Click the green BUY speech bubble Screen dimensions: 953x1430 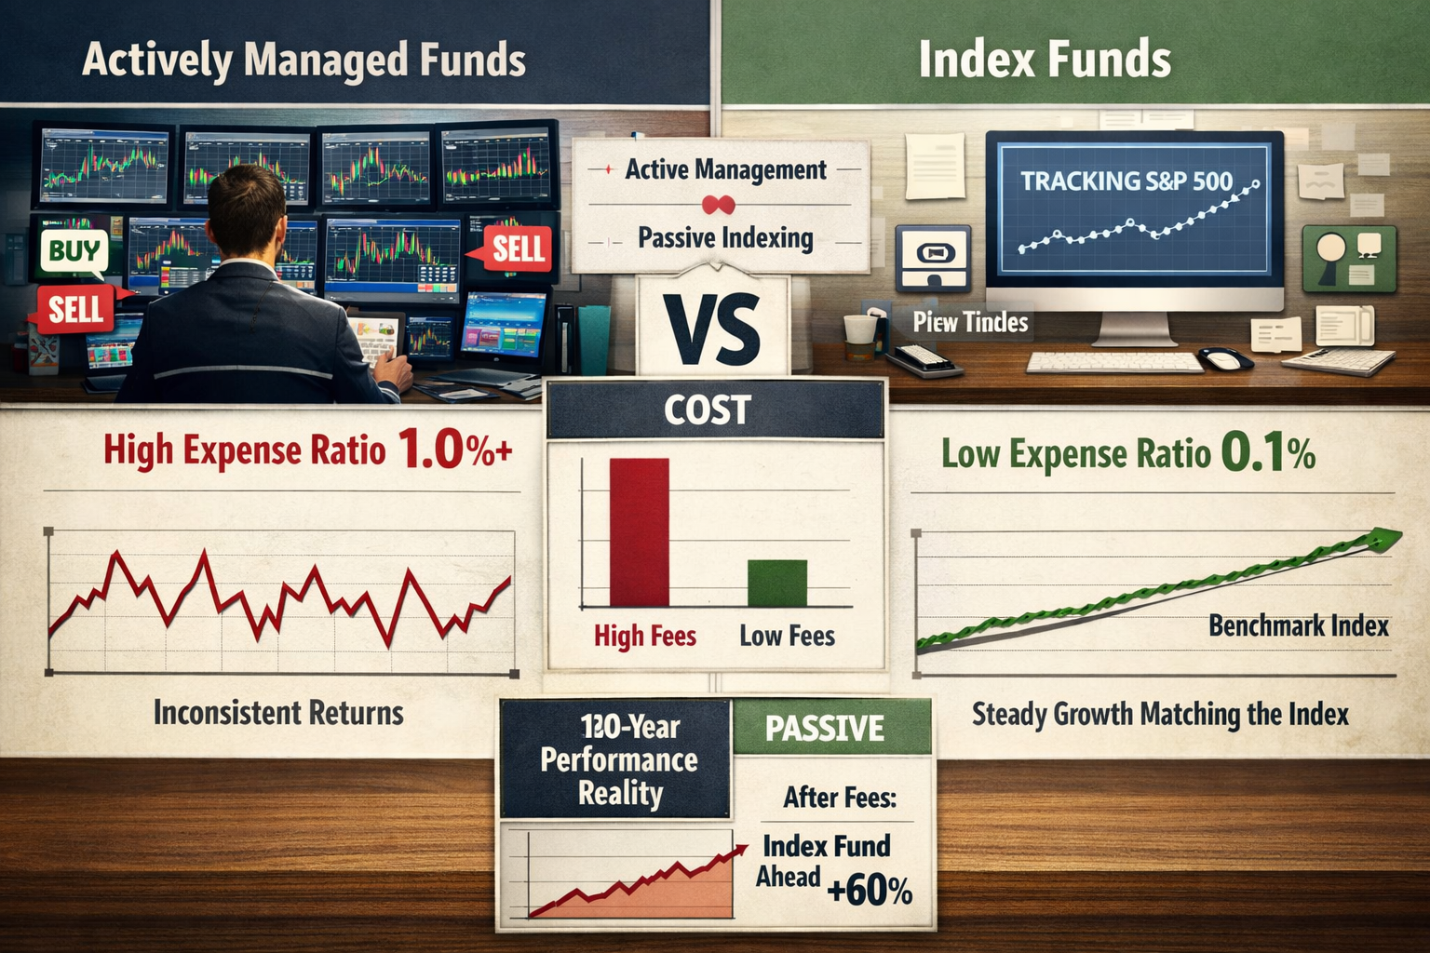click(x=74, y=251)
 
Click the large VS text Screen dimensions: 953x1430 click(x=712, y=329)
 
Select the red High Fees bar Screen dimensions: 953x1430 click(x=639, y=532)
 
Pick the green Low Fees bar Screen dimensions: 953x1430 click(x=777, y=584)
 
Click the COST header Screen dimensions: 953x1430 click(x=708, y=410)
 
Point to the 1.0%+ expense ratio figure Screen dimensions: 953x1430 click(x=454, y=450)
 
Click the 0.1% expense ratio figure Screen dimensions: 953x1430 click(x=1267, y=453)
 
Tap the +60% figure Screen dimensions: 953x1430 click(x=870, y=891)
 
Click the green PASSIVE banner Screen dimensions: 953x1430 click(x=825, y=728)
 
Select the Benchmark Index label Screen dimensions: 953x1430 click(x=1298, y=625)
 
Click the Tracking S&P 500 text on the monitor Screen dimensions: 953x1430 click(x=1126, y=181)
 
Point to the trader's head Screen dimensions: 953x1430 click(x=246, y=210)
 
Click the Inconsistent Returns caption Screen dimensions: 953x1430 click(x=278, y=713)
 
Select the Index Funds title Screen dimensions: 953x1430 click(x=1045, y=60)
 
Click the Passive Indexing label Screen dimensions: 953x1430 click(x=725, y=238)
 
